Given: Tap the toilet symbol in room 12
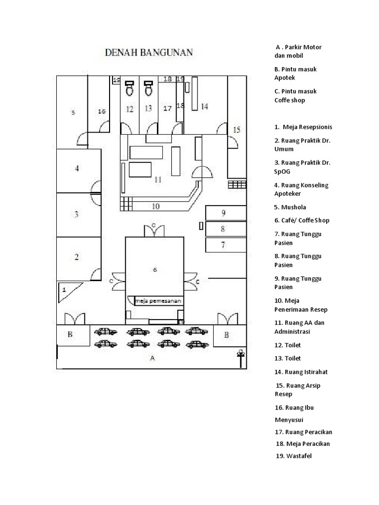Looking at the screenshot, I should coord(130,88).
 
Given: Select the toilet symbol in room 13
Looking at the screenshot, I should coord(148,88).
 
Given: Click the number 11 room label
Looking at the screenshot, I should coord(157,180).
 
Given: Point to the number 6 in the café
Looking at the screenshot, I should coord(154,270).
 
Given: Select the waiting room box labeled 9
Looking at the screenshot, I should coord(225,214).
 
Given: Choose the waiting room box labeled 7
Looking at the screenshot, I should coord(225,244).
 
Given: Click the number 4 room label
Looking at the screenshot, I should coord(76,169).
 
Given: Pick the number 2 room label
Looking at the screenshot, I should coord(76,257).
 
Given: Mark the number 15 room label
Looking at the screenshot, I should coord(236,130).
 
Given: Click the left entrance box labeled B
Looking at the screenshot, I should coord(70,334).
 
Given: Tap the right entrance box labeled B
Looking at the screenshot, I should coord(227,335).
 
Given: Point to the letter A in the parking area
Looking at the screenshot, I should coord(152,359).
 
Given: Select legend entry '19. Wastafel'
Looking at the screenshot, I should coord(294,456).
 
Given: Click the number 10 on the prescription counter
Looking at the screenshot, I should coord(155,206).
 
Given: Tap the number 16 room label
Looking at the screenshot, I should coord(102,111).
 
